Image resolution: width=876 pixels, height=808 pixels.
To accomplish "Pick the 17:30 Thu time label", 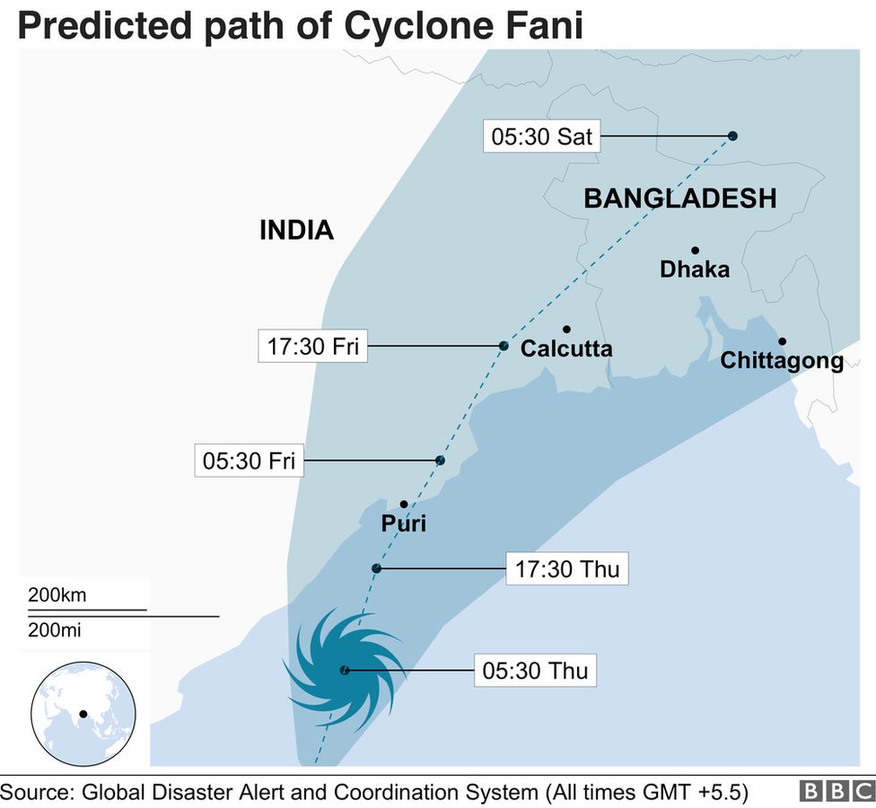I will click(566, 569).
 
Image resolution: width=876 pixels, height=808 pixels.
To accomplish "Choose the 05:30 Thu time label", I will click(535, 670).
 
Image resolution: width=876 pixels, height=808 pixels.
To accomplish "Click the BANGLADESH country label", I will click(679, 198).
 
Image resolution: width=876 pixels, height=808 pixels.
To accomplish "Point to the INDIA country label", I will click(296, 231).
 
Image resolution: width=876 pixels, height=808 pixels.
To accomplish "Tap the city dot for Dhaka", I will click(695, 250).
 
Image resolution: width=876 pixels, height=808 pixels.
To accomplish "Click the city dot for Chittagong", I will click(782, 341).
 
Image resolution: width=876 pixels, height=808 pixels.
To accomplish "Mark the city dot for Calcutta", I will click(567, 329).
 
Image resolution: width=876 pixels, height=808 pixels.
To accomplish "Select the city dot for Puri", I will click(404, 505).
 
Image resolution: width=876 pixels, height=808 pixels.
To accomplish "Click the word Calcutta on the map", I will click(566, 348).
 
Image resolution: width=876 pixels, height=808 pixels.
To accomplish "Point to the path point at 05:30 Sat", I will click(732, 136).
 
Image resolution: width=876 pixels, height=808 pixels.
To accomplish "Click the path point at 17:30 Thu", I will click(376, 568).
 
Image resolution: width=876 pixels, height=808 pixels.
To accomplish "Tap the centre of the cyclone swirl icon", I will click(345, 670).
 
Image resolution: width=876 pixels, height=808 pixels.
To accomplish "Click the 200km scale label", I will click(57, 594).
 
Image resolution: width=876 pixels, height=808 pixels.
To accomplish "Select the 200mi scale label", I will click(54, 630).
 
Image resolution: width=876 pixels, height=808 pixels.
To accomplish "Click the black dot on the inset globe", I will click(83, 715).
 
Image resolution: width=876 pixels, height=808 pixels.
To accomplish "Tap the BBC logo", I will click(835, 791).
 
